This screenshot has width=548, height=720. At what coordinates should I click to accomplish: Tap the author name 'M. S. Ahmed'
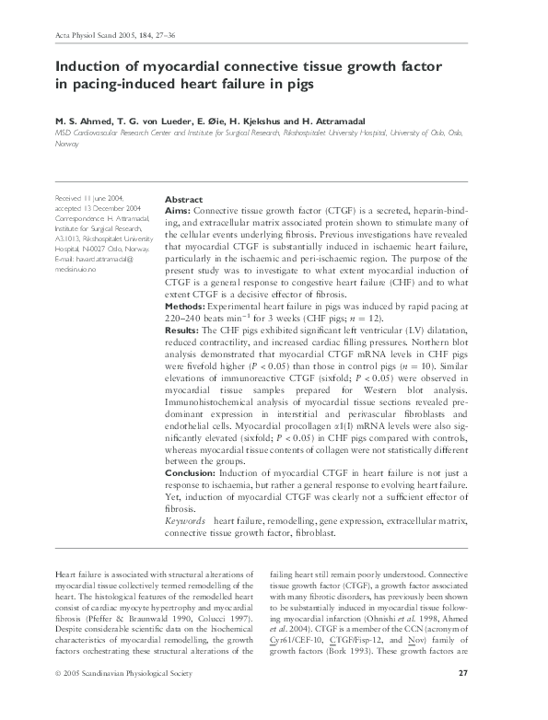81,121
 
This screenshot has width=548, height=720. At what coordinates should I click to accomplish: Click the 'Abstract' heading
183,199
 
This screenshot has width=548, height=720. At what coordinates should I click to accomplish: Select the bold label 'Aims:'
178,211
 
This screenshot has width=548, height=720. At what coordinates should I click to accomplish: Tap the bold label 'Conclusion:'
191,473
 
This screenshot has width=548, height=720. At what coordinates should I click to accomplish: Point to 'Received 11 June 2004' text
88,199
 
